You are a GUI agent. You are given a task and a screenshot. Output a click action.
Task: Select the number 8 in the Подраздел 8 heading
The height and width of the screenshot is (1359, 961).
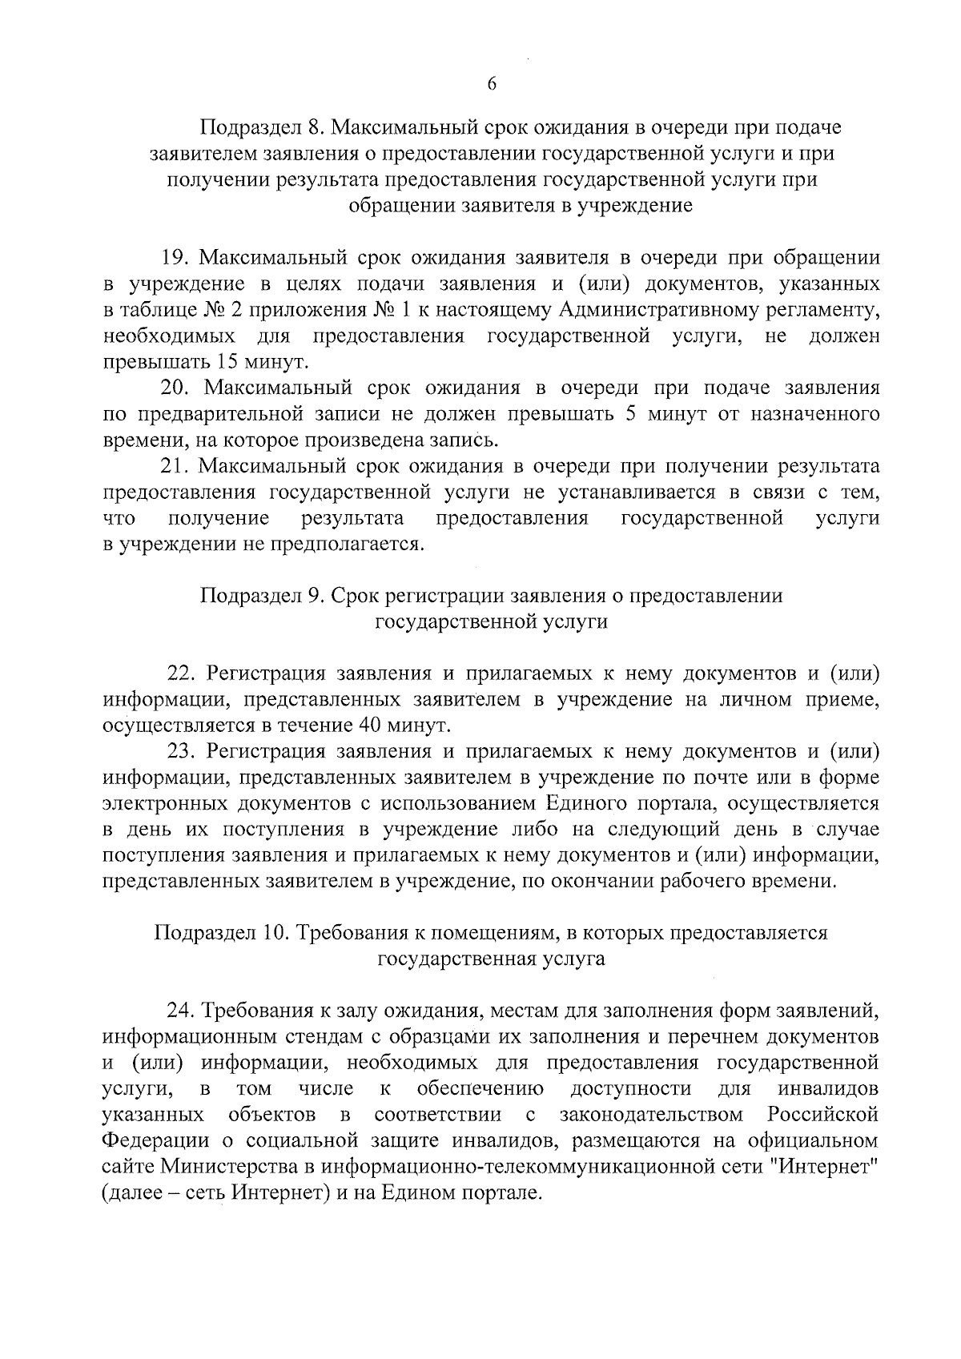click(314, 128)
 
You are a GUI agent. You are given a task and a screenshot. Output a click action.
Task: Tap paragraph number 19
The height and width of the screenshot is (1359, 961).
click(174, 258)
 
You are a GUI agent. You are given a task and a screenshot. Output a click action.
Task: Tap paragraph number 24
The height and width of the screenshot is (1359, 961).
click(181, 1011)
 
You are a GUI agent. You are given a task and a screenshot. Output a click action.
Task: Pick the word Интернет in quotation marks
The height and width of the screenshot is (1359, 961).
click(824, 1167)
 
